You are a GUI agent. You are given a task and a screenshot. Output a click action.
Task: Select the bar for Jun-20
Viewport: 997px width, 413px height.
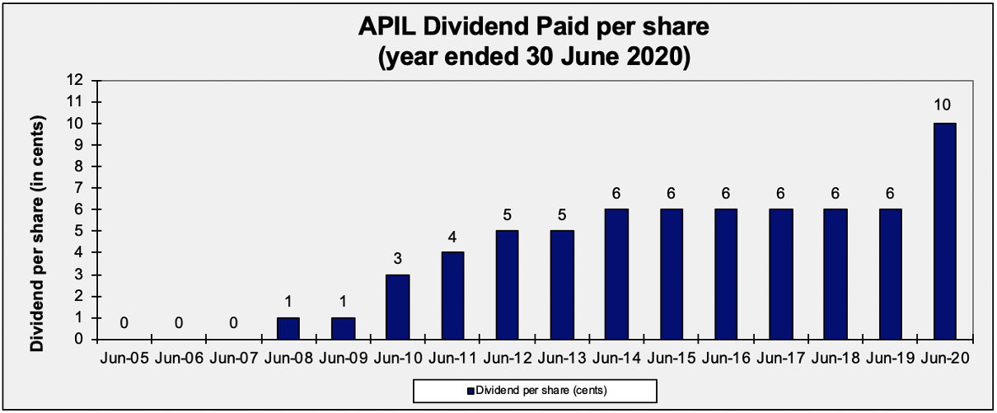click(944, 231)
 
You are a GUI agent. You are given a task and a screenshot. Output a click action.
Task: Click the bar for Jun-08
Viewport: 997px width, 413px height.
click(287, 328)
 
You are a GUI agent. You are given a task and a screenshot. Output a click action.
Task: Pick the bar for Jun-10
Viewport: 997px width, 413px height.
click(396, 307)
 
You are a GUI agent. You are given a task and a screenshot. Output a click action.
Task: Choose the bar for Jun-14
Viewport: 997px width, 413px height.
click(616, 275)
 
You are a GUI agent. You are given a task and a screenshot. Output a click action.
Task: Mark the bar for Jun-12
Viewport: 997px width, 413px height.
click(506, 285)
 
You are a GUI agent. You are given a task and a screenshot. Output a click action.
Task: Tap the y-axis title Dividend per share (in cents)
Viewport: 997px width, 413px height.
click(37, 234)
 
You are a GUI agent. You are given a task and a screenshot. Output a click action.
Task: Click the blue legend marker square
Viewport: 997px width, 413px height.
click(470, 390)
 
